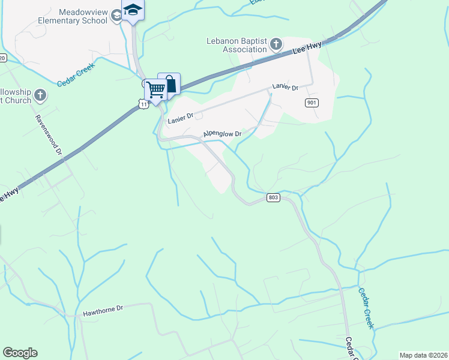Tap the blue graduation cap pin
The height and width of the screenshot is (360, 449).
pos(133,10)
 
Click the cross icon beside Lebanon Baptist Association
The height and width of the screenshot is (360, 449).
pos(276,44)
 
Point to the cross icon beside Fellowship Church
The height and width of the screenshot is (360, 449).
pos(40,95)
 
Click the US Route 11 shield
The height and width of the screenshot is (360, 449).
pos(142,104)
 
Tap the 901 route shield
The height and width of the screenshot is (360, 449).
pos(311,103)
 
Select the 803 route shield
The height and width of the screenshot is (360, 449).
pos(273,197)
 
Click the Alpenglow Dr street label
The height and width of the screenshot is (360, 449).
pos(222,134)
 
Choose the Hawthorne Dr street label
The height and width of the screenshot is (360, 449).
pos(103,308)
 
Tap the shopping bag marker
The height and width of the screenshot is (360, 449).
pos(170,83)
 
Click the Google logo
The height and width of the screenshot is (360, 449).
pos(20,353)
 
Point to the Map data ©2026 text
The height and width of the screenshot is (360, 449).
pos(423,355)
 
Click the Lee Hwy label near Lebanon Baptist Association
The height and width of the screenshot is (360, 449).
pos(307,48)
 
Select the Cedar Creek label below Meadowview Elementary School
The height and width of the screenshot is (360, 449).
pos(77,75)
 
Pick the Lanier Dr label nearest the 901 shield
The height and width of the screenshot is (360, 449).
pos(285,87)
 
